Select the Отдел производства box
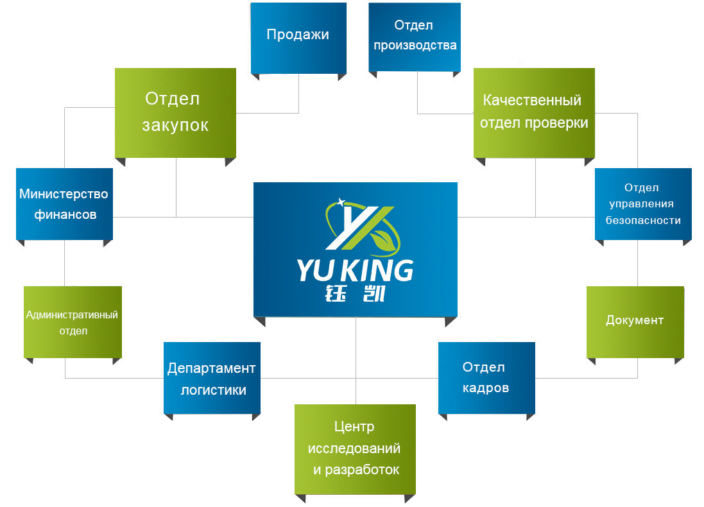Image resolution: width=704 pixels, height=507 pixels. [415, 36]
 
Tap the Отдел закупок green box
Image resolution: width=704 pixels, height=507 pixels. [175, 112]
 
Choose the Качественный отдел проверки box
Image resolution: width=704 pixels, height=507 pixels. [534, 112]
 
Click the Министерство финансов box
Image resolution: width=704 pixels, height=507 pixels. [64, 203]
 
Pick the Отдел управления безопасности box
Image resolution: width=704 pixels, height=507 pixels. [643, 203]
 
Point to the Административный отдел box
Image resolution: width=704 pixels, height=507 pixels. [73, 322]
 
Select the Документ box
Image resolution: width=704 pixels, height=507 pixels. [635, 321]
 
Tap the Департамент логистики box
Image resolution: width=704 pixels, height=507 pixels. [212, 378]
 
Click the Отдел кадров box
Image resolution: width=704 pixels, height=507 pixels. [486, 377]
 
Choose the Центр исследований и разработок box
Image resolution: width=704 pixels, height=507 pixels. [355, 449]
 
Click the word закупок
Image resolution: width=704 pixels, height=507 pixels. [175, 125]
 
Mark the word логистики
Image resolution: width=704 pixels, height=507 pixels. [213, 390]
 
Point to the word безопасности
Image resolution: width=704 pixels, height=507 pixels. [643, 220]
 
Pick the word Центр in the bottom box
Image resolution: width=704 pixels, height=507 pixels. [354, 427]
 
